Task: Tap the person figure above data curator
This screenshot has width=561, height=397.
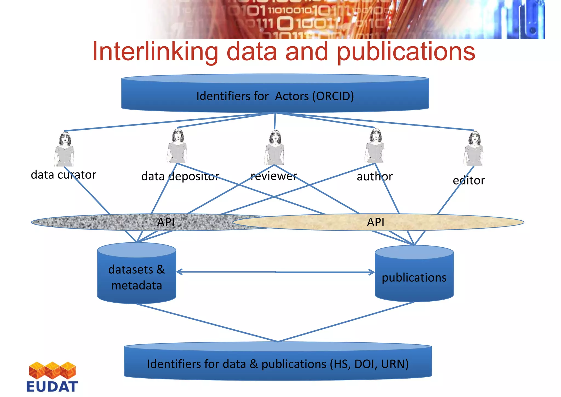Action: point(64,149)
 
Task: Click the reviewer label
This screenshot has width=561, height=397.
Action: point(274,176)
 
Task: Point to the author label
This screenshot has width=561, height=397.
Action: point(374,177)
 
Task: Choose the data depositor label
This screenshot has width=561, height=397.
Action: point(180,176)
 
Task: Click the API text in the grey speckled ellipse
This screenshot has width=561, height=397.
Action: point(166,222)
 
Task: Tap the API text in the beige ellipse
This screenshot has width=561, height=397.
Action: point(376,222)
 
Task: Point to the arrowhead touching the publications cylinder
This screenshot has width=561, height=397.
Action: point(372,272)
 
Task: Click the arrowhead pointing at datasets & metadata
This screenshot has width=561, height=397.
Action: point(179,272)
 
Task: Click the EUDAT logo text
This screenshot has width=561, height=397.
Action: point(52,387)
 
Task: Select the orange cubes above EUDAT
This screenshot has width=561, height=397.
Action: point(52,370)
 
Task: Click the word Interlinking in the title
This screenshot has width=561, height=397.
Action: point(155,52)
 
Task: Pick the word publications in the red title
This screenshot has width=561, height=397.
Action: point(406,52)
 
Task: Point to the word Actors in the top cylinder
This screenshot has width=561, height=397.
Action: point(292,96)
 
